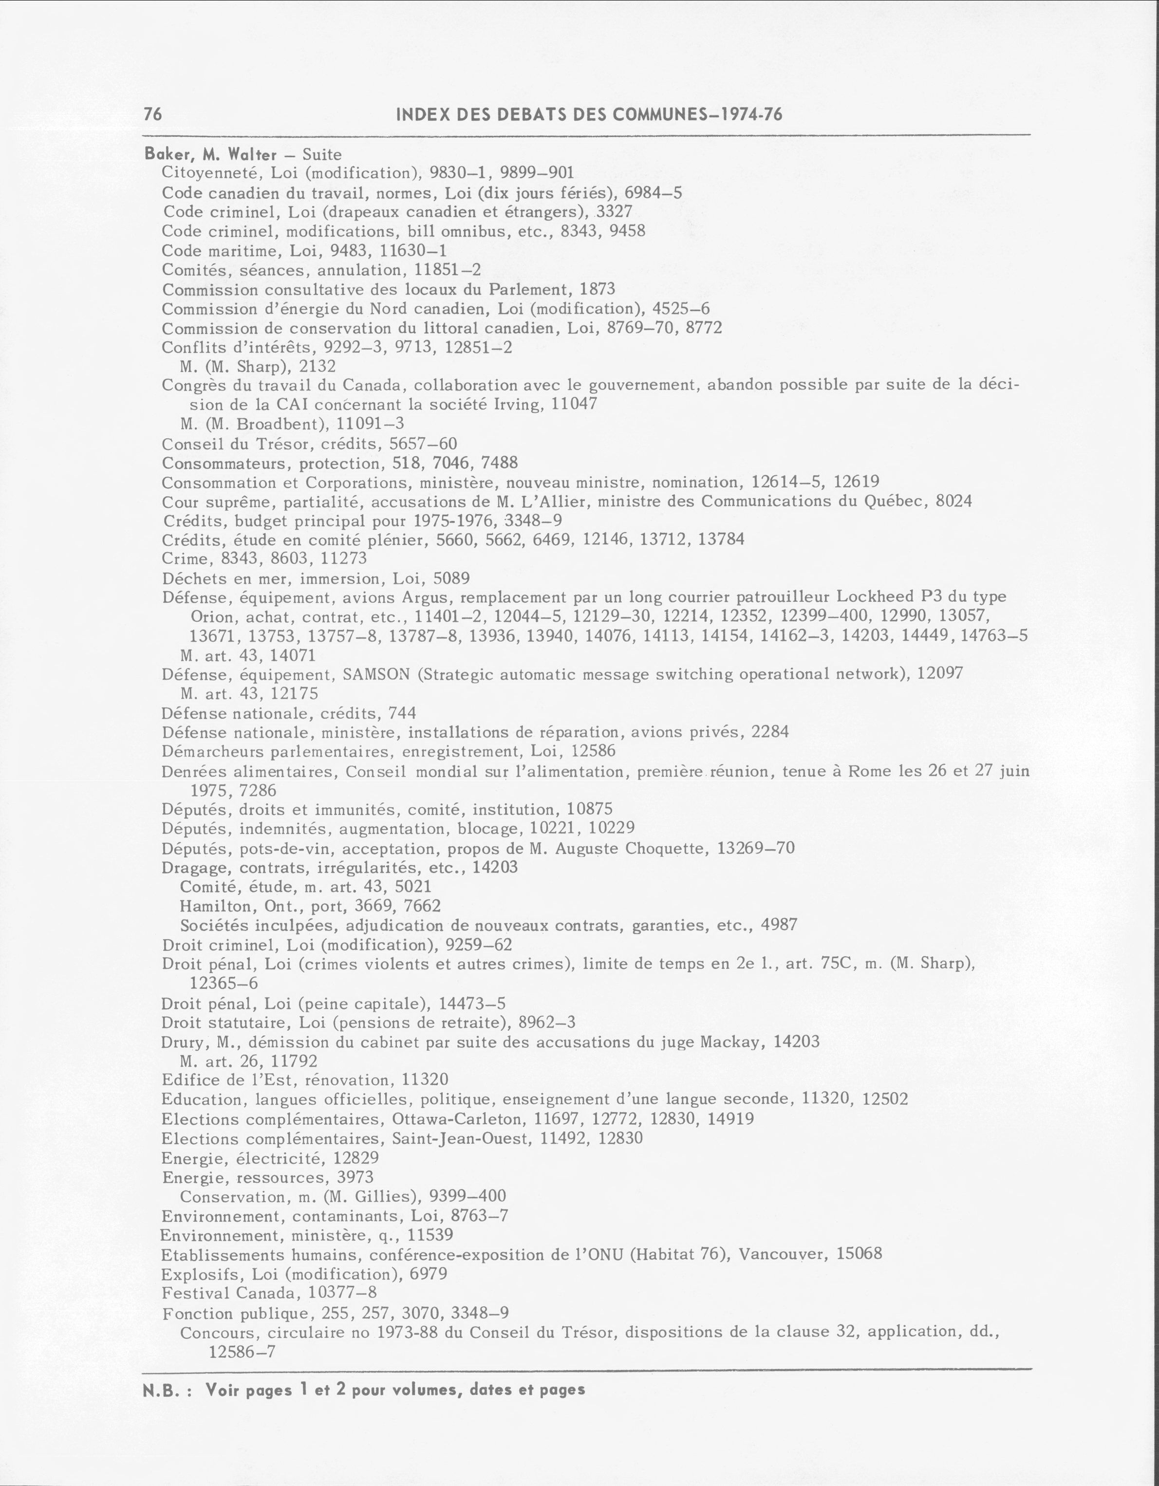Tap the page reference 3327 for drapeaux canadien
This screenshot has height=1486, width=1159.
[x=615, y=212]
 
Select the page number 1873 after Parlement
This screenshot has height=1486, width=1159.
[x=598, y=289]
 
